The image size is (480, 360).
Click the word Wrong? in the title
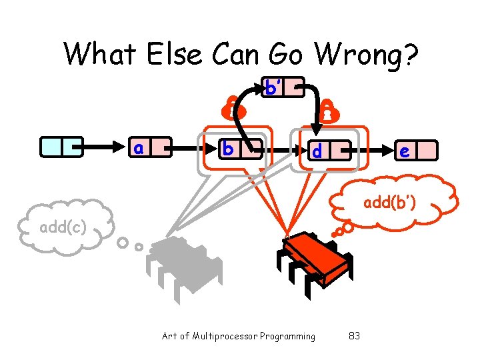point(363,54)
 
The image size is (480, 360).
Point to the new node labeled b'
point(283,87)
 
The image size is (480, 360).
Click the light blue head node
point(61,146)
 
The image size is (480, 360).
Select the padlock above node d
point(328,113)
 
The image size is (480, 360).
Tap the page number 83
point(354,336)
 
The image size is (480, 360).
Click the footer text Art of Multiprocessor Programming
point(239,336)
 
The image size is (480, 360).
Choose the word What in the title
point(101,54)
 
